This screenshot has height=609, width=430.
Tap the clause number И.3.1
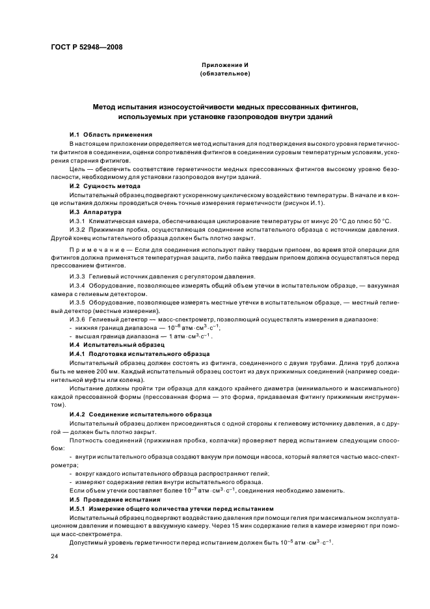click(77, 221)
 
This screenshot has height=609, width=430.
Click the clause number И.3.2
click(77, 230)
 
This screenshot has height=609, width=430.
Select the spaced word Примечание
click(96, 250)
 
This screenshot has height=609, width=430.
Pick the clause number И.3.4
click(77, 285)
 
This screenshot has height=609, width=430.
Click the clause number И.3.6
click(77, 319)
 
